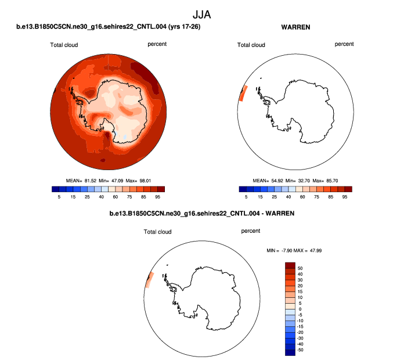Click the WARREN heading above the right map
coord(294,27)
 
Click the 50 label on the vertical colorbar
coord(300,269)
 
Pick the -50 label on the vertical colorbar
coord(300,351)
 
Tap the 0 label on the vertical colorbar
coord(300,309)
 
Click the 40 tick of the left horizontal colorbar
coord(101,197)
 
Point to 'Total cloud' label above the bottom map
coord(158,232)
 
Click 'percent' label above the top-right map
coord(344,44)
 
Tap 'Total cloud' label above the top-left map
coord(64,45)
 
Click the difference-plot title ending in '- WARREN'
coord(201,214)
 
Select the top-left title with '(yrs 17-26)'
coord(109,27)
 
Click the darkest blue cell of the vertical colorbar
coord(290,351)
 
